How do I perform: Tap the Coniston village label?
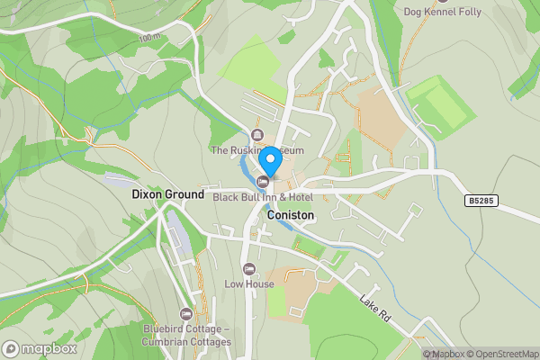pyautogui.click(x=291, y=216)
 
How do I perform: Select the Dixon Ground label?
pyautogui.click(x=167, y=193)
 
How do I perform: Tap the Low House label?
pyautogui.click(x=249, y=284)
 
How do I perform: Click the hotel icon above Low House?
pyautogui.click(x=249, y=269)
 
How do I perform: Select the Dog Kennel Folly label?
pyautogui.click(x=442, y=12)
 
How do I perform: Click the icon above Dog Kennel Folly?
pyautogui.click(x=442, y=1)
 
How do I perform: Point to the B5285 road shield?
pyautogui.click(x=482, y=202)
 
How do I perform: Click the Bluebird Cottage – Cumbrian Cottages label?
pyautogui.click(x=186, y=335)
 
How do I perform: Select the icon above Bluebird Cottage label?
pyautogui.click(x=186, y=314)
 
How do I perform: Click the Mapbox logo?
pyautogui.click(x=39, y=348)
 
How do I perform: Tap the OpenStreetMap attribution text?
pyautogui.click(x=502, y=354)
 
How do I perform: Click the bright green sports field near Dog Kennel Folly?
pyautogui.click(x=440, y=103)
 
